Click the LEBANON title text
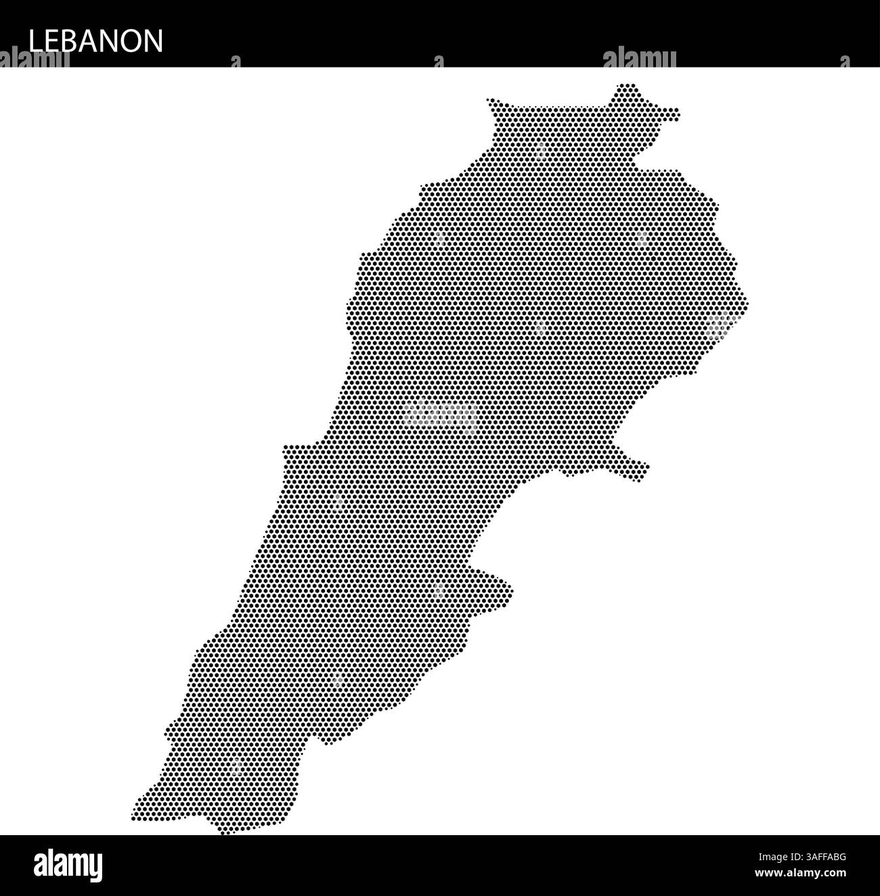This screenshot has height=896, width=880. coord(95,41)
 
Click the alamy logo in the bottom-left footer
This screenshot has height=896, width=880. coord(68,866)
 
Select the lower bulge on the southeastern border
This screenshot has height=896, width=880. coord(504,588)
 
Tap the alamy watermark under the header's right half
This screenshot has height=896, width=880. coord(639,60)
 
